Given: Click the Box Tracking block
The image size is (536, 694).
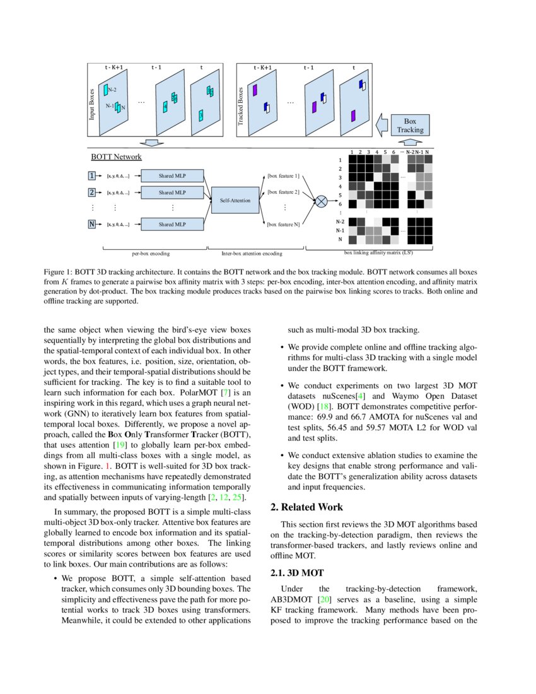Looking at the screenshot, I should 411,125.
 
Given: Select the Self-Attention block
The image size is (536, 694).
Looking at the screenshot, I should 234,200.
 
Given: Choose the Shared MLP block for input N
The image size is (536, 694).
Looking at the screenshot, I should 172,224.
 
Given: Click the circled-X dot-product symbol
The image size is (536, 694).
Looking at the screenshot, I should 321,201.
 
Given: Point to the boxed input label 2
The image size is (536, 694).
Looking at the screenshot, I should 93,192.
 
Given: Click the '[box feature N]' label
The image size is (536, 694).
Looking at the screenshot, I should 284,224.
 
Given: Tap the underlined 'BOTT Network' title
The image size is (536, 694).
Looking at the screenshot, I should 117,157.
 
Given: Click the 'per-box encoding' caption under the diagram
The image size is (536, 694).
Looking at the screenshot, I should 150,254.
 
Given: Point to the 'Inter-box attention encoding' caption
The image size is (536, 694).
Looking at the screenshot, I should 252,254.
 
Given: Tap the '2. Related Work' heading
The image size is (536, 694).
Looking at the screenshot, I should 306,507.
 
